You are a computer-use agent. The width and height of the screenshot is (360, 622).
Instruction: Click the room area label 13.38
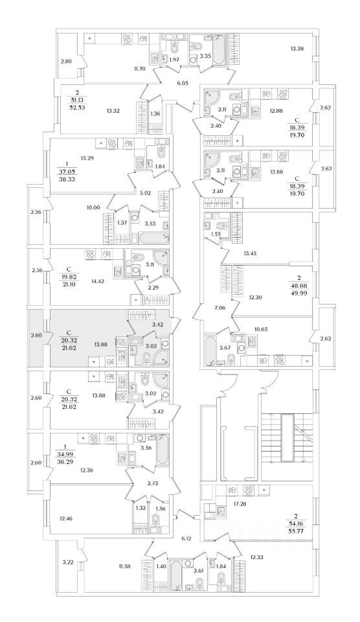[297, 49]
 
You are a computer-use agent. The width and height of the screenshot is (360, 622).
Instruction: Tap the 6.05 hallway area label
[183, 84]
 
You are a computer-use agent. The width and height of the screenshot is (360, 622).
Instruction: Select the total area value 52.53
[76, 107]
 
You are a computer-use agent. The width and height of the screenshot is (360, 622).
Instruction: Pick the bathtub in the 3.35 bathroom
[219, 51]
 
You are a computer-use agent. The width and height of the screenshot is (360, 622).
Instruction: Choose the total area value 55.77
[297, 529]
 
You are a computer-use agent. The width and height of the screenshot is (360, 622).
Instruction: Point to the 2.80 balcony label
[66, 61]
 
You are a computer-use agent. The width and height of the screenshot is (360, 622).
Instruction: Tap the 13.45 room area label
[252, 252]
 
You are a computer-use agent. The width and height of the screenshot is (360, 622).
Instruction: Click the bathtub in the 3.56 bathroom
[163, 451]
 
